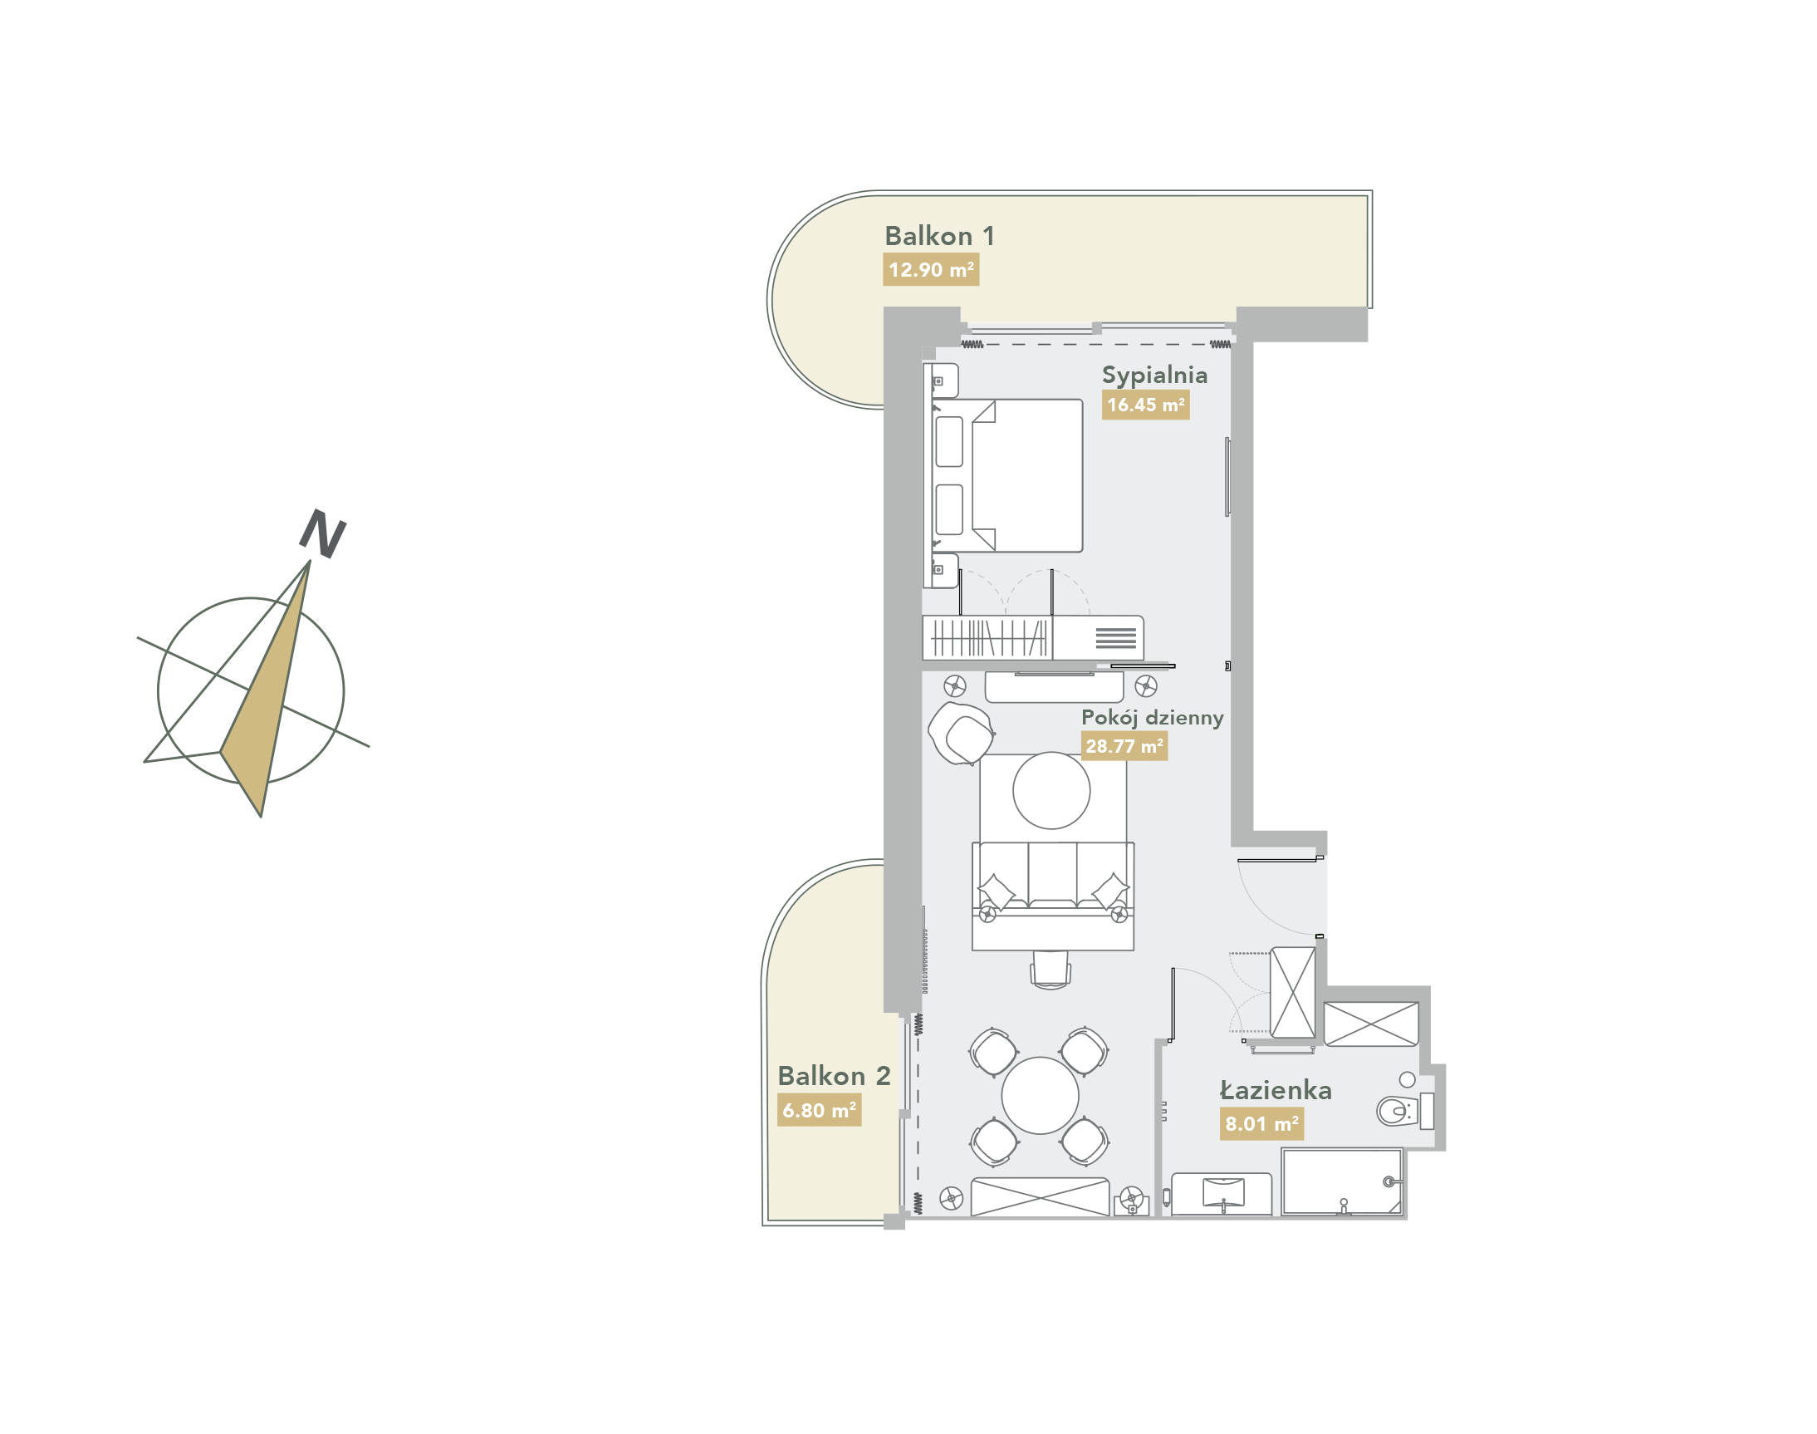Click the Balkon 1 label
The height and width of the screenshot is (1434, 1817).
point(939,236)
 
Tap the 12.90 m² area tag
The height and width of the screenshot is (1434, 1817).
point(931,270)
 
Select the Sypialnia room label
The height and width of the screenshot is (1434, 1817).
point(1154,376)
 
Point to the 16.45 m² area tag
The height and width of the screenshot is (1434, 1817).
point(1146,405)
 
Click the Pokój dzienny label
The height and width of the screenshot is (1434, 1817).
point(1153,718)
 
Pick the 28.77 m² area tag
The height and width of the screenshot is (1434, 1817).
point(1124,745)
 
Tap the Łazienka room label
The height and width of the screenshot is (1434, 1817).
point(1275,1091)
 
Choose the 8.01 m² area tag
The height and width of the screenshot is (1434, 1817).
point(1261,1123)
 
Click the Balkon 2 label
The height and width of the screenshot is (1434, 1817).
point(834,1077)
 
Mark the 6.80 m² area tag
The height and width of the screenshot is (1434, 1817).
point(819,1111)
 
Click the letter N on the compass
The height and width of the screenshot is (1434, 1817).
point(323,533)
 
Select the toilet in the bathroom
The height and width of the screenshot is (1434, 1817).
point(1404,1111)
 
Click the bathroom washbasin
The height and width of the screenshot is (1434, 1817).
point(1222,1192)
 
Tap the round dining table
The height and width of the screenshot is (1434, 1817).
point(1040,1096)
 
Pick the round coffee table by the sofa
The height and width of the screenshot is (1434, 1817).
point(1051,791)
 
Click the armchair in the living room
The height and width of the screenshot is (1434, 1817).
point(962,733)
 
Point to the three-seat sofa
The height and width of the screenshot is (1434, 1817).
point(1052,896)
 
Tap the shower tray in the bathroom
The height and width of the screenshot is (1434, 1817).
point(1342,1182)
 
